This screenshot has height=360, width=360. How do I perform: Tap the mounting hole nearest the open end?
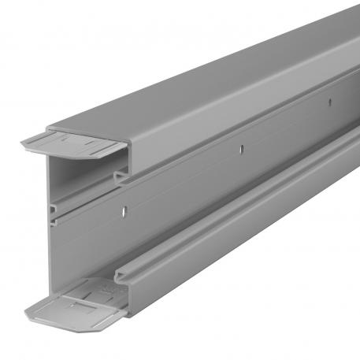pos(123,210)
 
